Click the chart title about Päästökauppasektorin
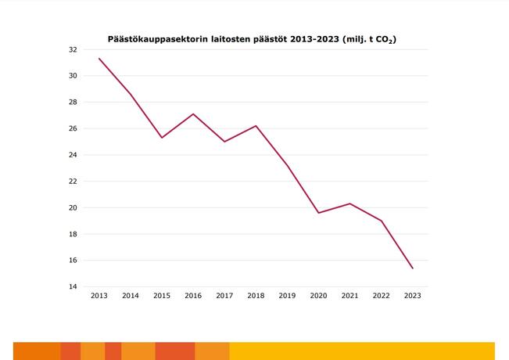pos(252,38)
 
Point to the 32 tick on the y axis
pos(72,49)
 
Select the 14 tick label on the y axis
pos(72,286)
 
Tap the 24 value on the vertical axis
pos(72,155)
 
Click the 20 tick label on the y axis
pos(72,207)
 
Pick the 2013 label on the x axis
pos(99,296)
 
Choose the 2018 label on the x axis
pos(256,296)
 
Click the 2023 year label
pos(412,296)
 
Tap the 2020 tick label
pos(318,296)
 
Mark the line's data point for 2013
pos(99,59)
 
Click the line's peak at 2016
pos(193,113)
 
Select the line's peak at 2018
pos(256,126)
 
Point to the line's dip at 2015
pos(162,138)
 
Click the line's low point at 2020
pos(318,213)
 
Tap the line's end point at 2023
pos(412,268)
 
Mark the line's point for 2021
pos(349,203)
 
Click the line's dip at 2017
pos(224,142)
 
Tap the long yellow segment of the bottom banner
pos(362,351)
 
